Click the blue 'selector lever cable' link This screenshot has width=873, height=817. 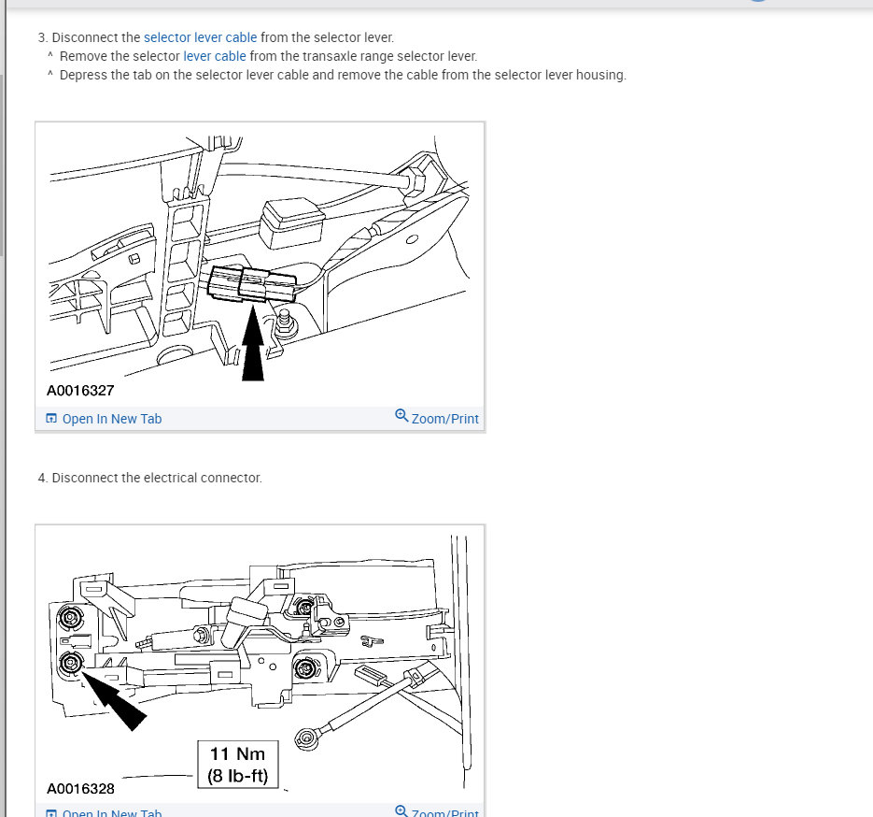tap(201, 37)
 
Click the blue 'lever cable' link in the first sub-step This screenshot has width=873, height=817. tap(215, 56)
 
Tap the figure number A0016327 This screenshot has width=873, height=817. tap(80, 391)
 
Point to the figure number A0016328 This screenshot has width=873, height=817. tap(80, 789)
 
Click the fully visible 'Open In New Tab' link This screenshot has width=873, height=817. tap(105, 419)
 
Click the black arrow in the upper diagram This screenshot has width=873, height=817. tap(253, 343)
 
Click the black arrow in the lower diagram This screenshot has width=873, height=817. tap(113, 699)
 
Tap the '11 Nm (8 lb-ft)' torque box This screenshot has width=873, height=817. tap(238, 765)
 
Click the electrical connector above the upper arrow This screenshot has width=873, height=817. tap(252, 284)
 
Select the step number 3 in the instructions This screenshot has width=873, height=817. tap(42, 37)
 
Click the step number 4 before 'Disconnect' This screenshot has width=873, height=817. tap(42, 479)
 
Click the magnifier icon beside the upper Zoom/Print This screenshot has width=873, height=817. tap(401, 416)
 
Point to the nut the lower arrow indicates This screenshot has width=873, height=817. tap(71, 663)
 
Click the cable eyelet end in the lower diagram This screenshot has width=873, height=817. tap(306, 739)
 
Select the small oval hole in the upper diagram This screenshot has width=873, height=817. tap(412, 239)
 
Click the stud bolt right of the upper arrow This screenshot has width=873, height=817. tap(286, 323)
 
